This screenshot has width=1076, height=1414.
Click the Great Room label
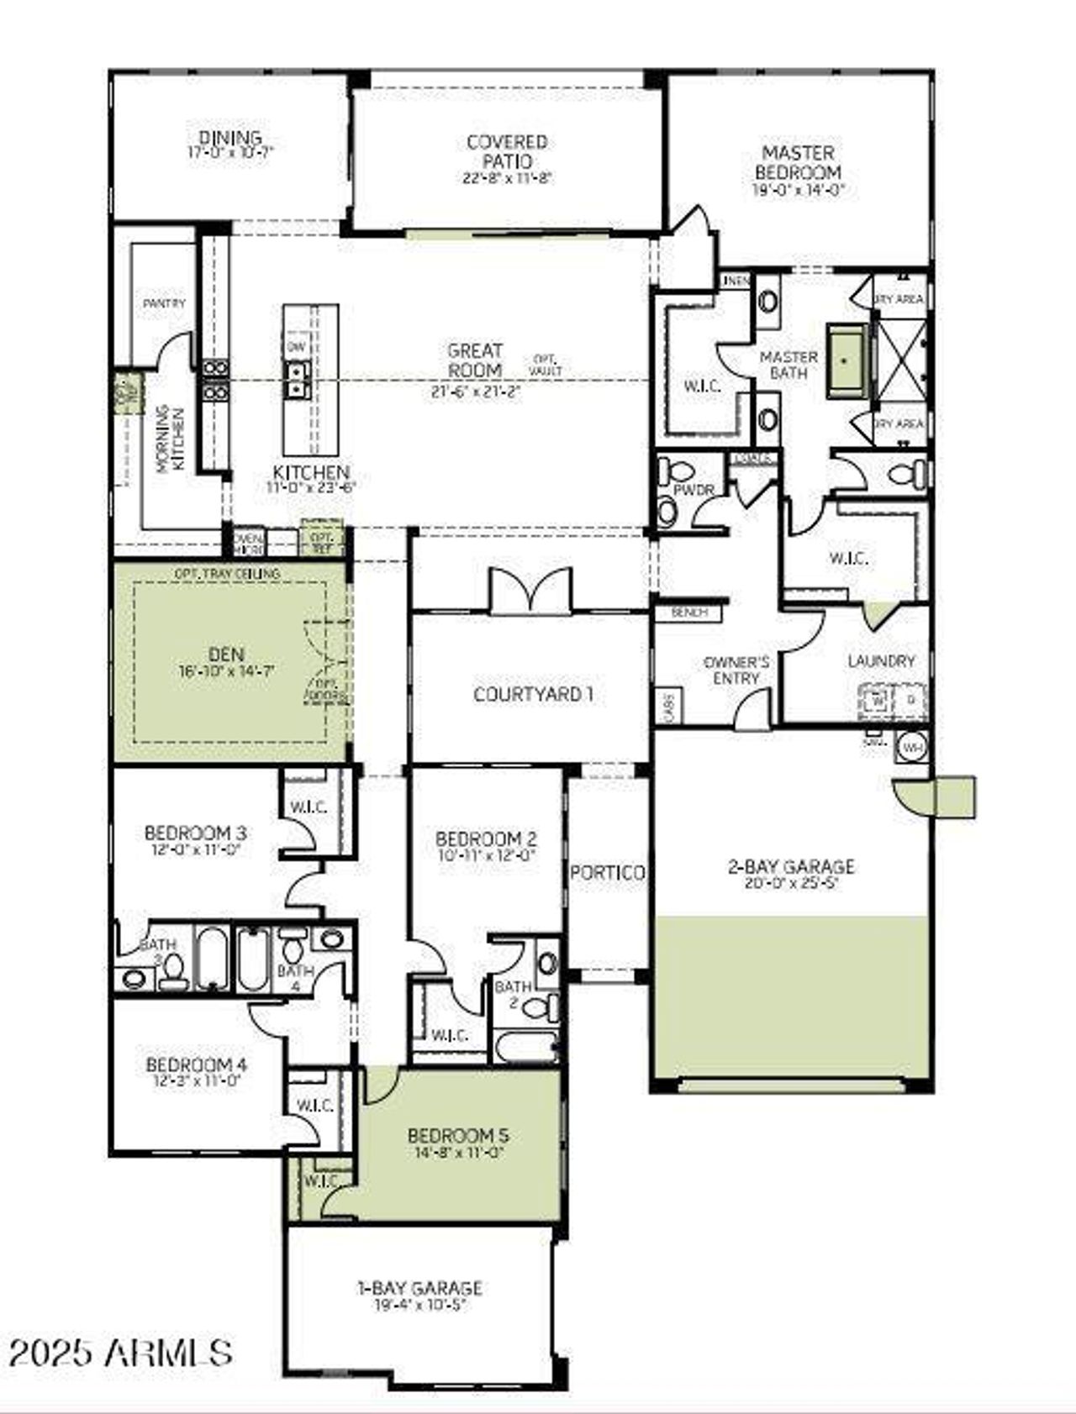[x=475, y=360]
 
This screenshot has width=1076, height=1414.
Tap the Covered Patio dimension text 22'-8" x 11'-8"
[x=507, y=178]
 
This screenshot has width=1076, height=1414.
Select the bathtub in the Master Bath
[x=847, y=360]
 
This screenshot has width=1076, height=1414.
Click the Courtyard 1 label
[x=533, y=694]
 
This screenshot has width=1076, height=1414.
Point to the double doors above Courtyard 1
[x=530, y=590]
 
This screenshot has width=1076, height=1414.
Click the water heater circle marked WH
[x=910, y=745]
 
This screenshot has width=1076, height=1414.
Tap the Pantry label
[x=164, y=302]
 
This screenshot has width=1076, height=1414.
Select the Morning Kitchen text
[x=170, y=437]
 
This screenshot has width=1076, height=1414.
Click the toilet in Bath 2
[x=551, y=1004]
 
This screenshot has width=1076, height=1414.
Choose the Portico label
[x=608, y=873]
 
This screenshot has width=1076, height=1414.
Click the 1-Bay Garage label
[x=419, y=1287]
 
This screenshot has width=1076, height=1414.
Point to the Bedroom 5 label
[x=458, y=1135]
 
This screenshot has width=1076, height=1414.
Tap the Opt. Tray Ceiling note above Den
[x=227, y=573]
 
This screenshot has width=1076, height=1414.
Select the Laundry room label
[x=881, y=661]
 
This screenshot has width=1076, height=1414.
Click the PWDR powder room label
[x=694, y=490]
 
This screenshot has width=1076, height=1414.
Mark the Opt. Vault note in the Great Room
[x=546, y=365]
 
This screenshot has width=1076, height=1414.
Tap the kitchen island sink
[x=297, y=379]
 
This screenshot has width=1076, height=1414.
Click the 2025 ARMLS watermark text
[x=120, y=1352]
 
